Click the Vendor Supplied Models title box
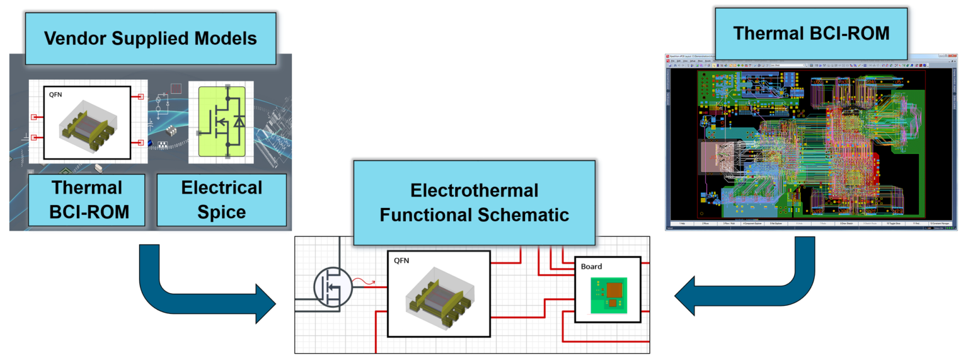(x=150, y=38)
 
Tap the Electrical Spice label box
(x=221, y=199)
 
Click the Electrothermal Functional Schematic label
(x=474, y=202)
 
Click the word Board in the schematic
(x=591, y=267)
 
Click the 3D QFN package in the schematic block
(x=438, y=296)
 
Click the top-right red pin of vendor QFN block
(x=141, y=97)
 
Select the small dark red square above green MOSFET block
(x=176, y=89)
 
